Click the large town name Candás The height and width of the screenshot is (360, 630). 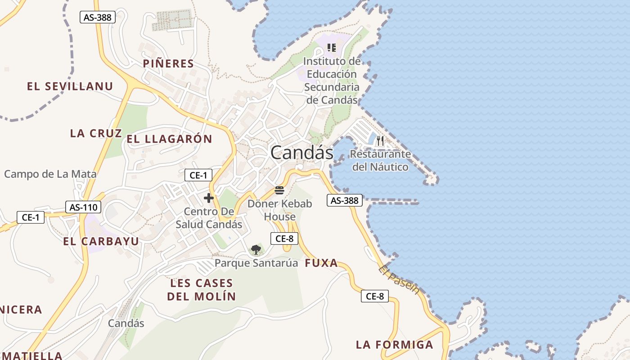point(301,153)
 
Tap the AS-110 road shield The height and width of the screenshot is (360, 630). point(84,207)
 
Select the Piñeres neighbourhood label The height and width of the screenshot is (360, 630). point(168,64)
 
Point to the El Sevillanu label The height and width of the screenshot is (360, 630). point(70,86)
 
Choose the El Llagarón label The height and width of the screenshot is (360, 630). point(169,139)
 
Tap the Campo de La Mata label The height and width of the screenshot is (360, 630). point(50,174)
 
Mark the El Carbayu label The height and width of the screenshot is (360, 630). point(101,241)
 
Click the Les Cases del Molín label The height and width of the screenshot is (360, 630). point(201,290)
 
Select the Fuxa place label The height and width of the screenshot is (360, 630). point(321,263)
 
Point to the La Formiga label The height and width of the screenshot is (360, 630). point(394,345)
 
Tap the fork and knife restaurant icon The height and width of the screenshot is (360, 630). point(380,141)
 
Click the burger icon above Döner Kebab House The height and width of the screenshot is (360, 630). point(279,190)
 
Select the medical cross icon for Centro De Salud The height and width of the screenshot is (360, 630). point(209,198)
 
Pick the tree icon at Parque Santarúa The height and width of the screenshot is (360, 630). point(256,250)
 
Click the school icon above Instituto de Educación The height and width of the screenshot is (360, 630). point(332,48)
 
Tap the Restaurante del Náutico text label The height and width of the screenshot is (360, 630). point(380,160)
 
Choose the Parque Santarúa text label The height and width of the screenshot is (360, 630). point(256,263)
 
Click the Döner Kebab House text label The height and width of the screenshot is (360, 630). point(279,210)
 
